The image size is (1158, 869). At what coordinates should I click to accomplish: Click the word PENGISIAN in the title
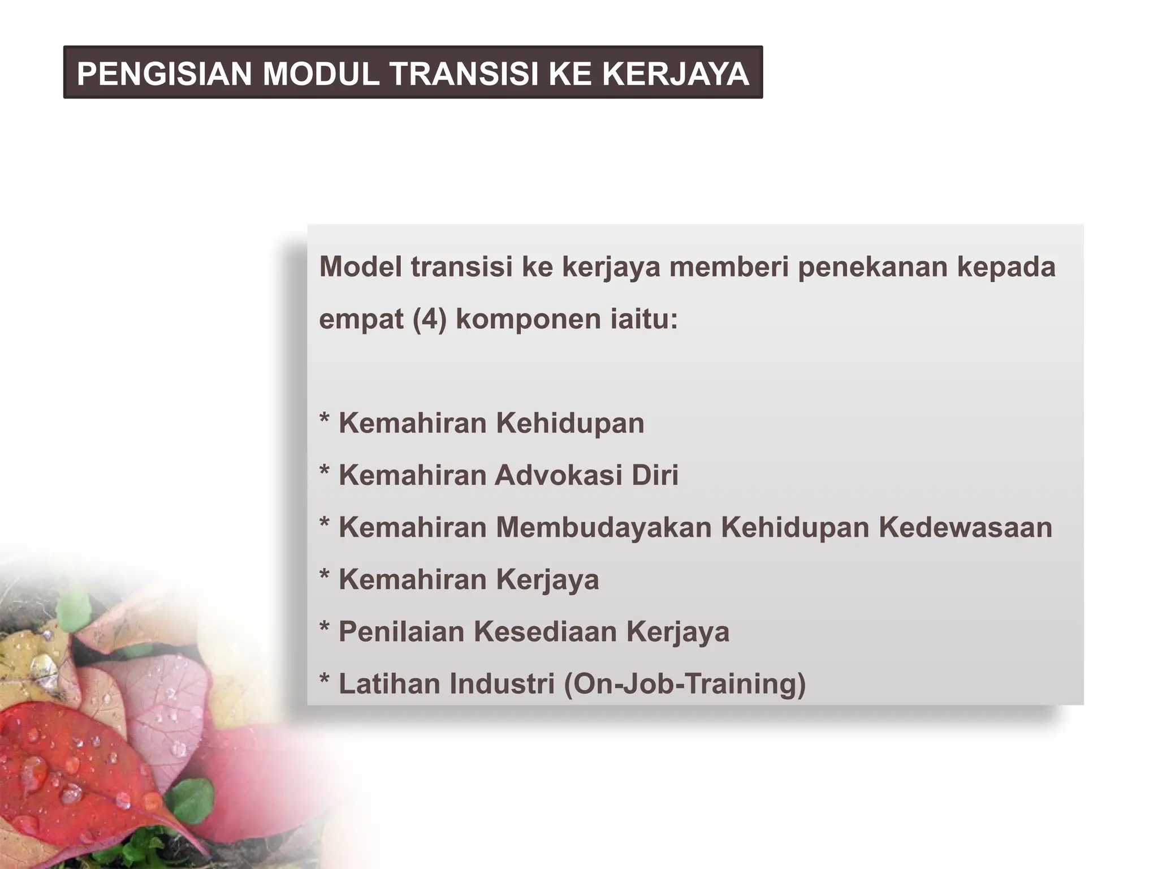point(164,74)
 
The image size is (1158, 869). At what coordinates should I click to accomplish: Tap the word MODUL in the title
point(321,74)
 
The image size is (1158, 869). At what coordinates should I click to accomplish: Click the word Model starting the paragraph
point(360,266)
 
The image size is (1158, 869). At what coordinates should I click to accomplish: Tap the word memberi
point(729,266)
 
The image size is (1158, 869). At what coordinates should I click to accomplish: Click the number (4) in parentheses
point(430,319)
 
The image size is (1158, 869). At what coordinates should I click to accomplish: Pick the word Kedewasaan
point(965,527)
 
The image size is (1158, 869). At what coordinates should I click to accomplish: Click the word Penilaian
point(401,631)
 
